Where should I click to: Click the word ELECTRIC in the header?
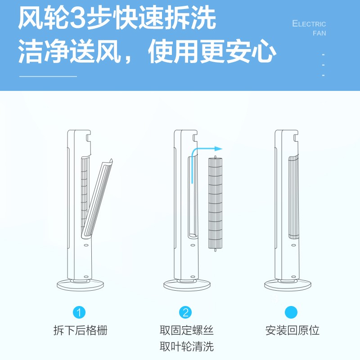(x=309, y=24)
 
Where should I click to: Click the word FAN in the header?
(x=319, y=33)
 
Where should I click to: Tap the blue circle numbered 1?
(x=79, y=312)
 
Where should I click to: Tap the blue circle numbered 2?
(x=185, y=312)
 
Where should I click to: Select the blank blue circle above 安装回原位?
(x=291, y=312)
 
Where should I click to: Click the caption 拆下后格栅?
(x=81, y=330)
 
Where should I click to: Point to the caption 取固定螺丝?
(x=187, y=330)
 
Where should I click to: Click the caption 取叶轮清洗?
(x=187, y=346)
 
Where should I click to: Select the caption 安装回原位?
(x=292, y=330)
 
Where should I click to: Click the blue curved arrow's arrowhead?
(x=218, y=149)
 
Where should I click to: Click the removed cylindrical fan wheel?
(x=216, y=203)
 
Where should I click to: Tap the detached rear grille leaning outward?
(x=97, y=198)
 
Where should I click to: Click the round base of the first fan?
(x=81, y=285)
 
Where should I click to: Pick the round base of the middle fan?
(x=187, y=285)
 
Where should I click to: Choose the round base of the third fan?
(x=288, y=285)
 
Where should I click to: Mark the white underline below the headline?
(x=48, y=76)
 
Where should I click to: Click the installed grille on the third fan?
(x=294, y=198)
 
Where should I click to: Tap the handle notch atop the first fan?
(x=88, y=137)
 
